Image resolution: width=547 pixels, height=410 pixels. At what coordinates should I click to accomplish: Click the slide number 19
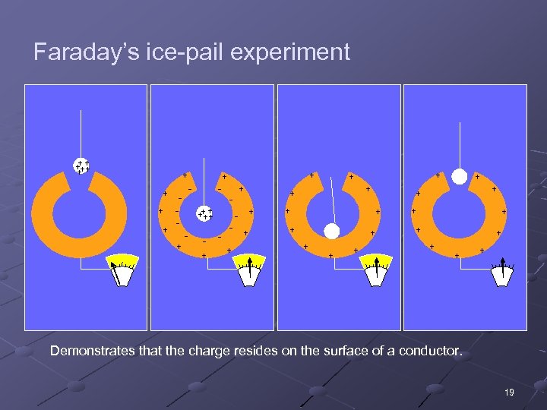click(x=508, y=392)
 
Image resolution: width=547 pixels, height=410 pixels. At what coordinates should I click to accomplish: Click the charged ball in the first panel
click(x=81, y=166)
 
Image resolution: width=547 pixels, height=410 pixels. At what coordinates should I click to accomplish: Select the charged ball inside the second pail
click(x=204, y=214)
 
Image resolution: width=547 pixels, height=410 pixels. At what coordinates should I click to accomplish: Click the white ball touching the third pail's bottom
click(x=331, y=231)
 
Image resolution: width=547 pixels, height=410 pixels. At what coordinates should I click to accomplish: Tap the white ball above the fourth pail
click(x=459, y=177)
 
